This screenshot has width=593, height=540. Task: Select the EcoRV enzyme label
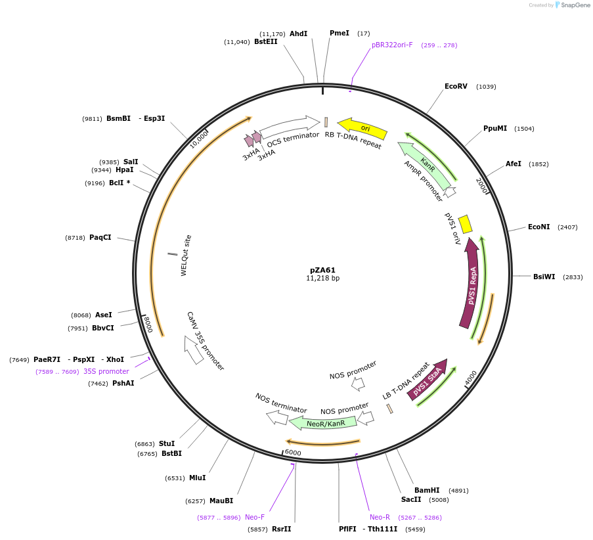click(x=456, y=87)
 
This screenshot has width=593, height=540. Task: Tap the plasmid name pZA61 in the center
click(x=322, y=270)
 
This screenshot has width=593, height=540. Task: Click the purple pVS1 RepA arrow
click(x=472, y=282)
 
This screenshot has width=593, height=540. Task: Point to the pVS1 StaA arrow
click(x=428, y=380)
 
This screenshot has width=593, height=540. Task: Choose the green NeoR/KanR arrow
click(x=324, y=423)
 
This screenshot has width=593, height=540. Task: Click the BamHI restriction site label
click(x=427, y=490)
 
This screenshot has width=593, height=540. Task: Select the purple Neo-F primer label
click(x=255, y=517)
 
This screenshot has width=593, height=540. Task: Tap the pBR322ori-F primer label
click(x=392, y=45)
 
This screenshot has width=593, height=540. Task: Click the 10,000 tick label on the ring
click(x=199, y=139)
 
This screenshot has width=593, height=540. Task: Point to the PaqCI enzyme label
click(x=100, y=237)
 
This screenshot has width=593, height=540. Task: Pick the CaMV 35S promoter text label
click(x=206, y=341)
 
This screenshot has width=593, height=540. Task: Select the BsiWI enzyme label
click(x=544, y=277)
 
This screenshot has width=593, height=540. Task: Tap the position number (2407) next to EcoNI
click(x=567, y=227)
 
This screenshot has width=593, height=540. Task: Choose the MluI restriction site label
click(x=197, y=478)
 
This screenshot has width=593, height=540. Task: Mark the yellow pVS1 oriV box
click(x=465, y=224)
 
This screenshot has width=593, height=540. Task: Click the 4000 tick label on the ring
click(x=472, y=379)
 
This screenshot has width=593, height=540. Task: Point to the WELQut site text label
click(x=186, y=255)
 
